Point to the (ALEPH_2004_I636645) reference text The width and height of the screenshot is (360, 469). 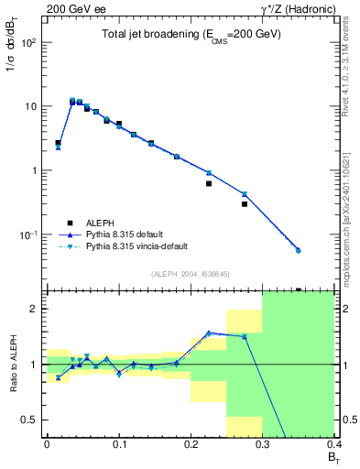(191, 273)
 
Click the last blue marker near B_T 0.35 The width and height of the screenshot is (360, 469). (299, 250)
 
